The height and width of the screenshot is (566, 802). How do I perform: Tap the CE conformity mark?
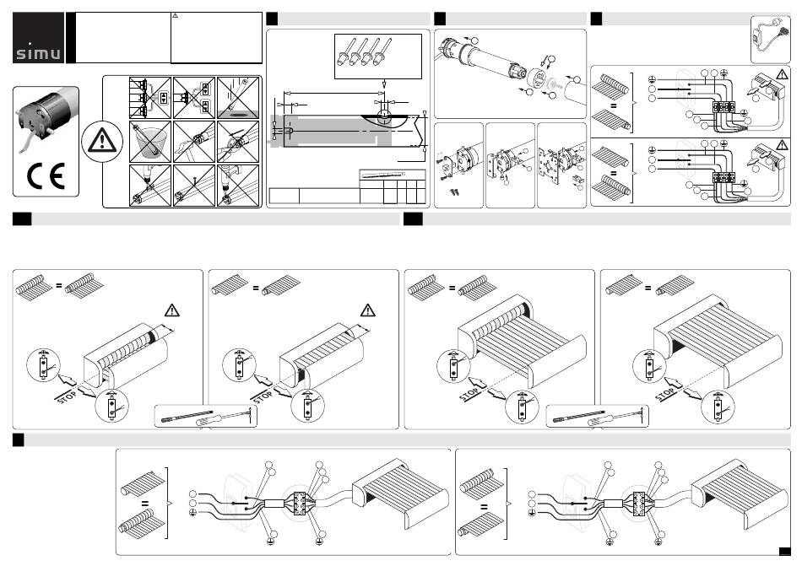(46, 175)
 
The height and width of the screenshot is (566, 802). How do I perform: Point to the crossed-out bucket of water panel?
(150, 142)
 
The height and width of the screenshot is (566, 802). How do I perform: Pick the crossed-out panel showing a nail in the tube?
(194, 186)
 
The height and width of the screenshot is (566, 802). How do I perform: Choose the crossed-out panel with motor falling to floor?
(238, 98)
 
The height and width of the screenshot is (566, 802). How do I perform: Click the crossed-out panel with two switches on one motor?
(194, 98)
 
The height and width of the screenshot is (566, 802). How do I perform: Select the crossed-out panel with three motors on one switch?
(150, 98)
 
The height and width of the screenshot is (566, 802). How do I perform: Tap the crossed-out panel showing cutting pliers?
(238, 142)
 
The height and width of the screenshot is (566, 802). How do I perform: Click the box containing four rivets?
(378, 57)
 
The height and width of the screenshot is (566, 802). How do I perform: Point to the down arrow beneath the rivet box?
(384, 84)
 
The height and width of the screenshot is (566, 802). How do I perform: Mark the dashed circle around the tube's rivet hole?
(384, 116)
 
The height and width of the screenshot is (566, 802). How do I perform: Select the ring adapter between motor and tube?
(538, 79)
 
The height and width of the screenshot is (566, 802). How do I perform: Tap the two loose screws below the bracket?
(453, 192)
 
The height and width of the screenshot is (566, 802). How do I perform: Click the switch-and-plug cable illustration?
(770, 39)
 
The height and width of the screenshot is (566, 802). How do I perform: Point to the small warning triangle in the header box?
(175, 16)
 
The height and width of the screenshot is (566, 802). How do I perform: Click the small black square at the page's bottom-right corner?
(784, 551)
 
